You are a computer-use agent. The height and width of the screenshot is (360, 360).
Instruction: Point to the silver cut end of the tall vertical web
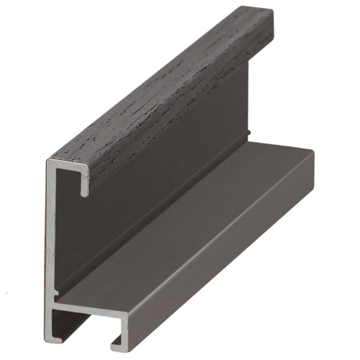pyautogui.click(x=49, y=234)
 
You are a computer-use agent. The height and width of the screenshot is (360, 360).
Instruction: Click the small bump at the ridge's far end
pyautogui.click(x=249, y=133)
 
